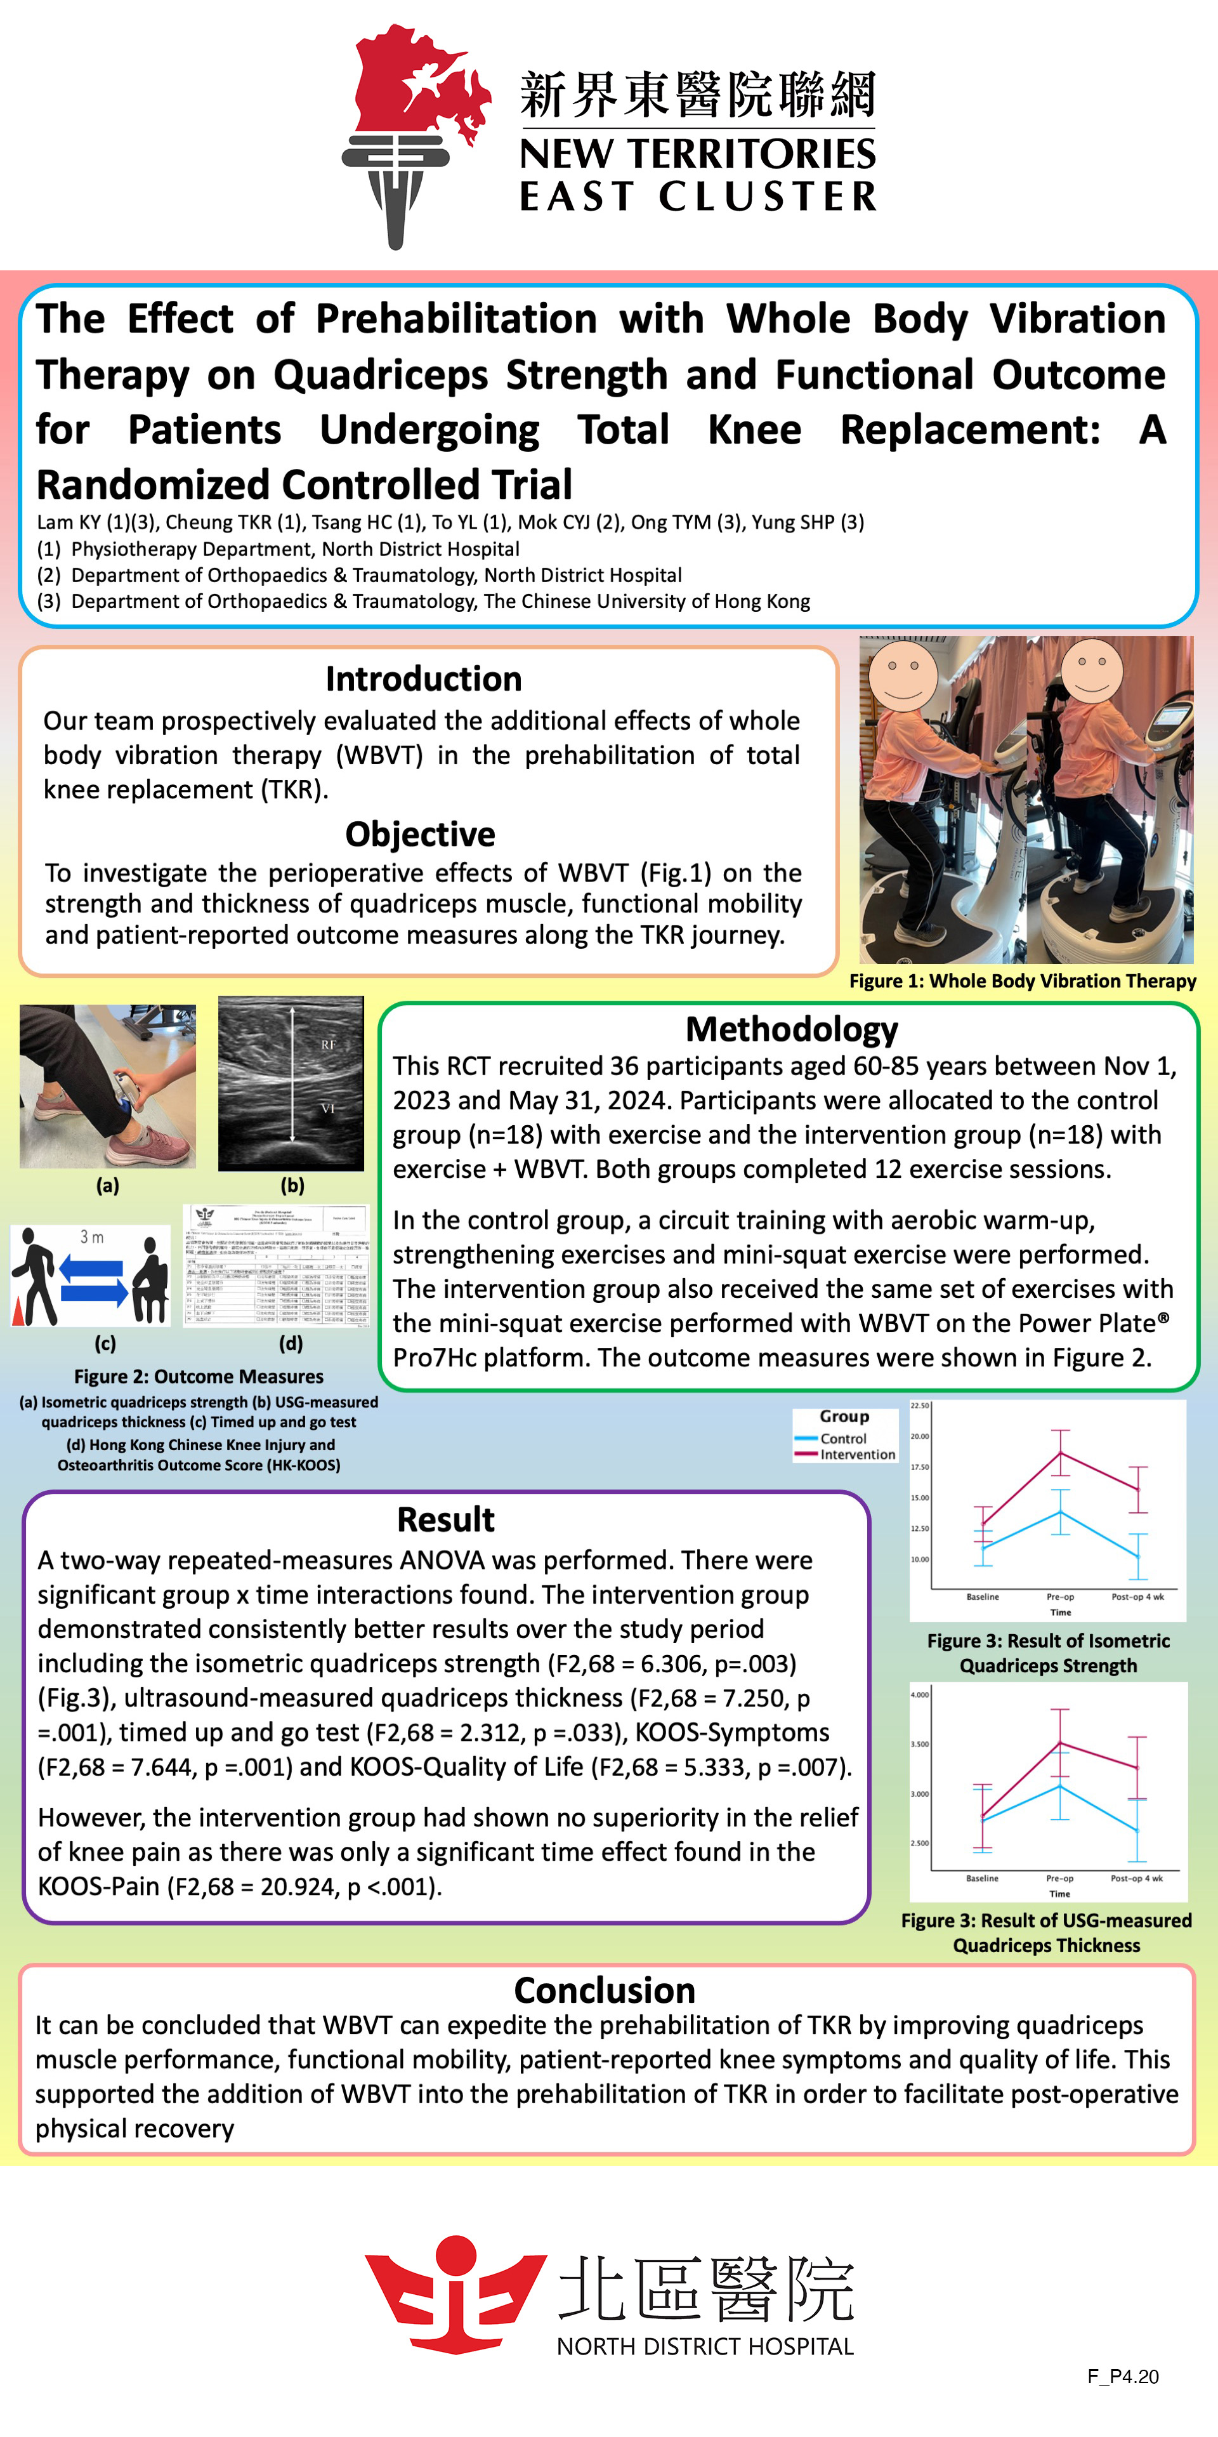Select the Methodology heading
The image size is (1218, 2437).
pos(792,1029)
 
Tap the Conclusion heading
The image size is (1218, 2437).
pos(605,1990)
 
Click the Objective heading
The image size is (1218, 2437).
pos(420,835)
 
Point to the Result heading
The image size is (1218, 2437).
pos(445,1519)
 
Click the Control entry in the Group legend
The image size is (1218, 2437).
pos(842,1438)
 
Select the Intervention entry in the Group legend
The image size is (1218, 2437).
pos(857,1455)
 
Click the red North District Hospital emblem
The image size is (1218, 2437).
pos(456,2293)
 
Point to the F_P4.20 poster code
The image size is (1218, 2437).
pos(1122,2377)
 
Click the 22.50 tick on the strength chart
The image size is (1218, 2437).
pos(919,1406)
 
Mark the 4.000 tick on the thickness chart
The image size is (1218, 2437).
pos(919,1694)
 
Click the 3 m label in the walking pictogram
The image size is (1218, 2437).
pos(92,1238)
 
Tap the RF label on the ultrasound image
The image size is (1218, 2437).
pos(328,1045)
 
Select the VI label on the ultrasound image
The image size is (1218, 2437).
pos(327,1108)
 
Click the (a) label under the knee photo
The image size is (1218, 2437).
pos(108,1185)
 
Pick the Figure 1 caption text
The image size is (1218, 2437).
pos(1022,981)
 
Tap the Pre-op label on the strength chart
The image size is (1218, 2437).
pos(1060,1597)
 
